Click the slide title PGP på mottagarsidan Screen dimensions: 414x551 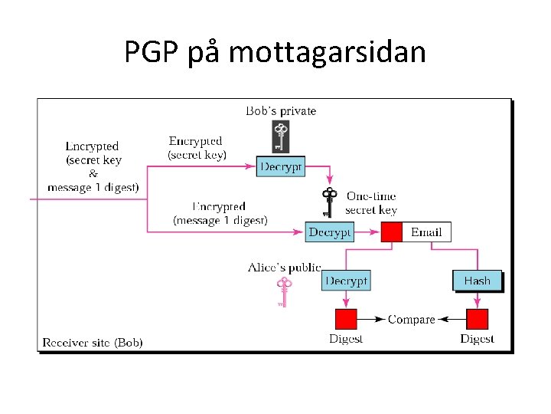coord(275,52)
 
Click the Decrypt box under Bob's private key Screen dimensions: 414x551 coord(281,166)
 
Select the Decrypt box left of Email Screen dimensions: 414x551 coord(330,232)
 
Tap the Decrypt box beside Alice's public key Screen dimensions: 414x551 coord(347,281)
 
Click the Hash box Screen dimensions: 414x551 coord(477,281)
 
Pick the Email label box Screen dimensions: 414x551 coord(426,232)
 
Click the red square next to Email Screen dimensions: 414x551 coord(392,232)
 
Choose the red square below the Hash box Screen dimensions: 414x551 coord(477,319)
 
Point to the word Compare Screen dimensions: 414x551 coord(411,319)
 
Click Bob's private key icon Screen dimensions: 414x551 coord(281,136)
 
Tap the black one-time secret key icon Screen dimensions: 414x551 coord(330,203)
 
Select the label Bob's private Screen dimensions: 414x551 coord(281,111)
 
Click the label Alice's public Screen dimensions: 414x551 coord(284,268)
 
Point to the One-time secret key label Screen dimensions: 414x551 coord(371,203)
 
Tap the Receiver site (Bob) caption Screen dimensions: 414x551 coord(93,342)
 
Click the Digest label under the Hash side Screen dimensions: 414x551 coord(477,339)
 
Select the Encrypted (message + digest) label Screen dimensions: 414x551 coord(220,213)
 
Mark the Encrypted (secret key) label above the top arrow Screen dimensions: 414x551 coord(197,147)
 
